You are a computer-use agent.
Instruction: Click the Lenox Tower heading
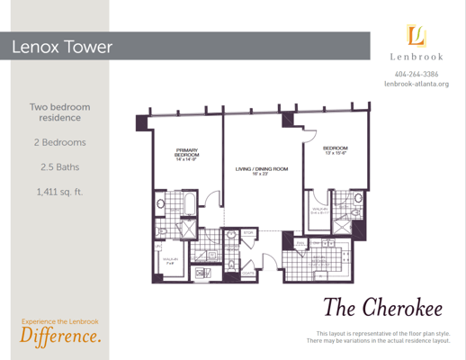tap(62, 47)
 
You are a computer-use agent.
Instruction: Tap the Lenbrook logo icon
tap(417, 37)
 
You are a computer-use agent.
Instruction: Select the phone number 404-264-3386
tap(417, 74)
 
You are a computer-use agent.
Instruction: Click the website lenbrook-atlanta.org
tap(417, 85)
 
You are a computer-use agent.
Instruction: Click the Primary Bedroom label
tap(187, 155)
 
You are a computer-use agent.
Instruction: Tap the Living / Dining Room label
tap(261, 170)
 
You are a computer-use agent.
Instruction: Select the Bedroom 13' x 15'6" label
tap(336, 149)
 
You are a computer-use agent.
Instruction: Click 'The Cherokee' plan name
tap(381, 309)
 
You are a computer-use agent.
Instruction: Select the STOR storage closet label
tap(248, 232)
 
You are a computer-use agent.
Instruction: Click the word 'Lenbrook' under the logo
tap(417, 59)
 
